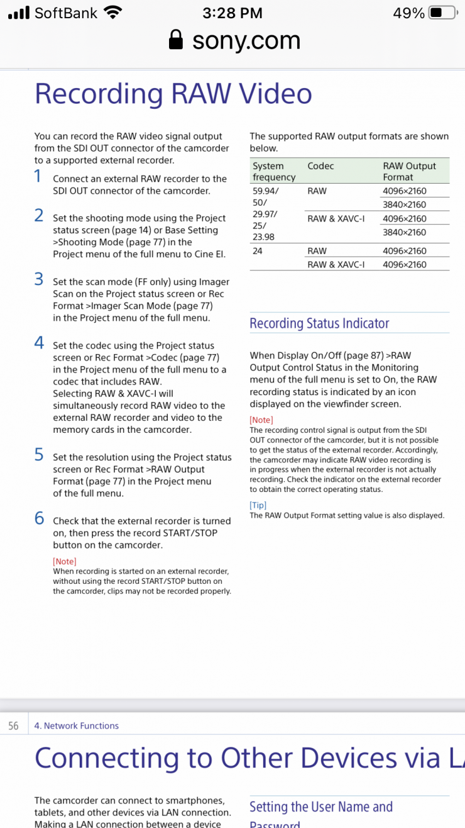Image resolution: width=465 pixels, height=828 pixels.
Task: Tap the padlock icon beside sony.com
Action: pos(177,41)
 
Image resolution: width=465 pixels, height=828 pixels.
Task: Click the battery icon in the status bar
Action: pos(444,13)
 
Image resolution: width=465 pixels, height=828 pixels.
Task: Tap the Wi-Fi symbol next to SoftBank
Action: pos(113,13)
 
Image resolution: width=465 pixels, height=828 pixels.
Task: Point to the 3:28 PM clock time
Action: pos(232,13)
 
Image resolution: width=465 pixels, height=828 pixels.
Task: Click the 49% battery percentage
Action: pos(408,13)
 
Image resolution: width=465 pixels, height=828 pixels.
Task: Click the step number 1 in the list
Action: pos(38,177)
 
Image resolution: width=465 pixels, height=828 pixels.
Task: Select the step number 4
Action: pos(39,343)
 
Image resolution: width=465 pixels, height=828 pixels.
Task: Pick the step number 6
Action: pos(39,518)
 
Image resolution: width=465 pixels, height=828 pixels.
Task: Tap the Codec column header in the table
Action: pos(320,166)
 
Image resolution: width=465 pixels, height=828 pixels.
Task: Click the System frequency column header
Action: pos(274,172)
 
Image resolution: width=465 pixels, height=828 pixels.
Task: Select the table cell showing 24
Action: pos(258,251)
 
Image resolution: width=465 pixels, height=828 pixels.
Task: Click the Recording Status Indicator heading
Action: pos(319,323)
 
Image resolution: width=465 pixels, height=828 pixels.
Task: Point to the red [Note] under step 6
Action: pos(65,561)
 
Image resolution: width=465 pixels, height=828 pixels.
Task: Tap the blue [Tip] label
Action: pos(258,505)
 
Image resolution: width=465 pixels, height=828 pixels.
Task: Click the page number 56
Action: pos(13,726)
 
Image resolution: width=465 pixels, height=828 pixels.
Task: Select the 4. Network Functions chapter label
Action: pos(76,726)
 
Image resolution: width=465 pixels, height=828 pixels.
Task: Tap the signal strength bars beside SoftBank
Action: pos(19,13)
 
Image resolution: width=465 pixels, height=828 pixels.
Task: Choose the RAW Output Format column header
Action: pos(409,172)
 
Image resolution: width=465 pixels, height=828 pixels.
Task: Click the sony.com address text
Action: pos(246,41)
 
